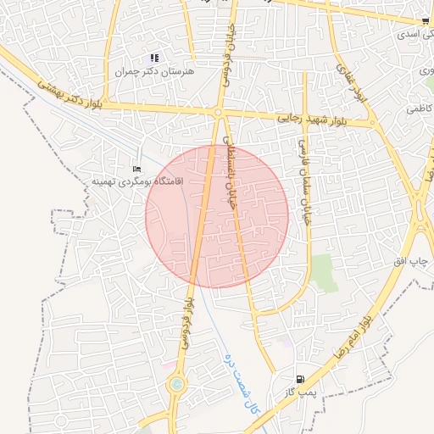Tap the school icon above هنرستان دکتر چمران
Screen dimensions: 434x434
click(x=154, y=58)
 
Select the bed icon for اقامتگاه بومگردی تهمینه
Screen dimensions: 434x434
click(x=137, y=170)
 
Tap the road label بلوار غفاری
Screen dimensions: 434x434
click(x=353, y=84)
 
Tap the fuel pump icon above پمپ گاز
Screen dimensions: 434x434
click(x=300, y=379)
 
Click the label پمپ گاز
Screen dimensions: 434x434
click(x=300, y=392)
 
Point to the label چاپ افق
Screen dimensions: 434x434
click(x=413, y=262)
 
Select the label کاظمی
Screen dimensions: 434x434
click(x=418, y=109)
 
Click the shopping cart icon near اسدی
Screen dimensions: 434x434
click(x=425, y=21)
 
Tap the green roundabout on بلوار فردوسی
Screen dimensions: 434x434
click(x=176, y=385)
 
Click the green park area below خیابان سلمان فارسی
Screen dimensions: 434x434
click(x=323, y=272)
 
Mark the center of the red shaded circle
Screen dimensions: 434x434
click(x=217, y=216)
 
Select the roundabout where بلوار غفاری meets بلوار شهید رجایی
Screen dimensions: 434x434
click(x=373, y=124)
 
